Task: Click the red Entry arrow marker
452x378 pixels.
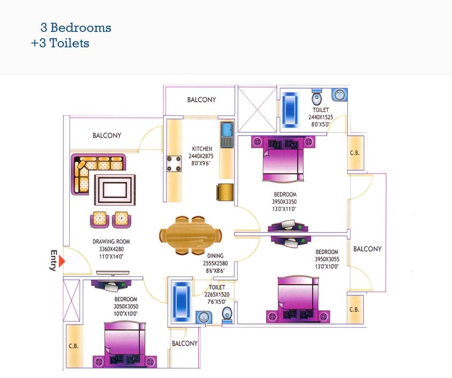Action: click(62, 262)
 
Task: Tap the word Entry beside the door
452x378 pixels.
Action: click(54, 261)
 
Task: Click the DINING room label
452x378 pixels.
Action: click(215, 256)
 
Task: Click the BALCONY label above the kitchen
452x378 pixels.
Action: click(202, 100)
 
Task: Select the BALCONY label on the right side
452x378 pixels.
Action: click(367, 249)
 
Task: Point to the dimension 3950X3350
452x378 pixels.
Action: click(284, 202)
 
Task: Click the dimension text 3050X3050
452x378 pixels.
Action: click(126, 306)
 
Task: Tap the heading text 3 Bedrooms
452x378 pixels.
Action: click(76, 28)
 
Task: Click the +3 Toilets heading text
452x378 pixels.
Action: click(60, 43)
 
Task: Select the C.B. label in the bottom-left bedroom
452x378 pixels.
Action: click(73, 346)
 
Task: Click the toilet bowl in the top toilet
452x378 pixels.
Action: click(317, 98)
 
